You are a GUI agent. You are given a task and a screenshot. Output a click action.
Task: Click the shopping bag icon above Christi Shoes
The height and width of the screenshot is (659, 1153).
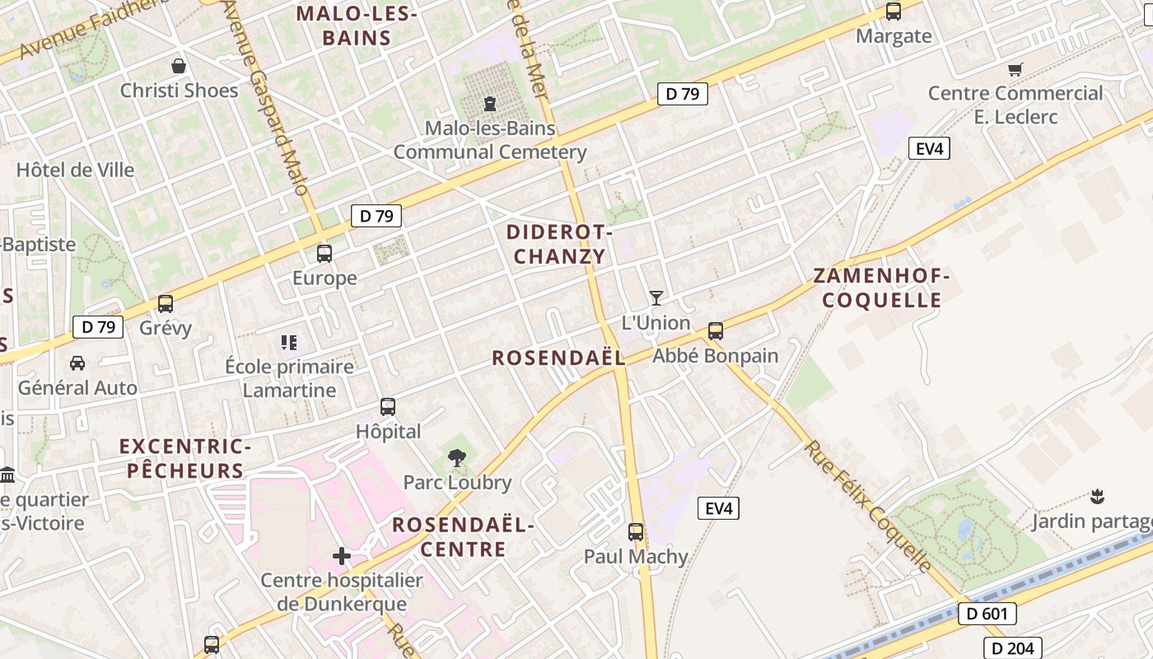click(179, 66)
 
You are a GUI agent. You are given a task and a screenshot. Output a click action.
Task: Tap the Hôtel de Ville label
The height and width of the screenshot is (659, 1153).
click(75, 171)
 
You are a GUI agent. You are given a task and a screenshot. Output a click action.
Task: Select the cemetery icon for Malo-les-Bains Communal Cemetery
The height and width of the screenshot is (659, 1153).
click(490, 104)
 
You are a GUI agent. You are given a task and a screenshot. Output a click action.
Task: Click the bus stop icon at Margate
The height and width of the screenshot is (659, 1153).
click(894, 12)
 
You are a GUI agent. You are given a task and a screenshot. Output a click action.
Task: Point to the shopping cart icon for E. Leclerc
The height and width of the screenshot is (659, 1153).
click(1015, 70)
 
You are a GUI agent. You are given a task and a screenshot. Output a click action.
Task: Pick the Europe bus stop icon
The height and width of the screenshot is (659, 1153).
click(324, 253)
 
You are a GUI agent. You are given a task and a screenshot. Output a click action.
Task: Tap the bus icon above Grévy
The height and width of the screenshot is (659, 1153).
click(166, 304)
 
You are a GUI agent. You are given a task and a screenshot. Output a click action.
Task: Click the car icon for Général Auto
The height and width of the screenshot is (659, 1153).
click(77, 363)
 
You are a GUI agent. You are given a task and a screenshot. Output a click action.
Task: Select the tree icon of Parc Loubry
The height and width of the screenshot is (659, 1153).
click(456, 458)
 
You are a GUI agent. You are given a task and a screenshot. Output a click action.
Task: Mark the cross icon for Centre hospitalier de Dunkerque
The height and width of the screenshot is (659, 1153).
click(342, 556)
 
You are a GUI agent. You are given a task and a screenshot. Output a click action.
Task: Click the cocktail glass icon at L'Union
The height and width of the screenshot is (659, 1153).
click(656, 298)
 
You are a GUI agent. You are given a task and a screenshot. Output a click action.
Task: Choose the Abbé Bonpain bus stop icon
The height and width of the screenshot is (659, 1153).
click(716, 331)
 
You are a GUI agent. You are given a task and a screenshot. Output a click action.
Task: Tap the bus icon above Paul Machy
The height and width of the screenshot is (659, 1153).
click(636, 532)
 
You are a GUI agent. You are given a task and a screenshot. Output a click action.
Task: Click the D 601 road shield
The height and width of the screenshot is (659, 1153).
click(987, 614)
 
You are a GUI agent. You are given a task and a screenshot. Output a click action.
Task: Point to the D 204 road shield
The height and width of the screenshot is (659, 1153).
click(1013, 648)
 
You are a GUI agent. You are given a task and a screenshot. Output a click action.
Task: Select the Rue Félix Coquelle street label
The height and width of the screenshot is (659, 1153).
click(868, 506)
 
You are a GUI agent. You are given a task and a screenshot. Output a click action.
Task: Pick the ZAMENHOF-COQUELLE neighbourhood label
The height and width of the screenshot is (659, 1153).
click(881, 287)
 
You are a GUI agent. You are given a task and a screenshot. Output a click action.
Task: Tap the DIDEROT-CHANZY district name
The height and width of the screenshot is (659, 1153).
click(560, 245)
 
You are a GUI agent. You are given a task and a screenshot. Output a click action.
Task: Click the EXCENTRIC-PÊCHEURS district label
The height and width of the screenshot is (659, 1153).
click(185, 459)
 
